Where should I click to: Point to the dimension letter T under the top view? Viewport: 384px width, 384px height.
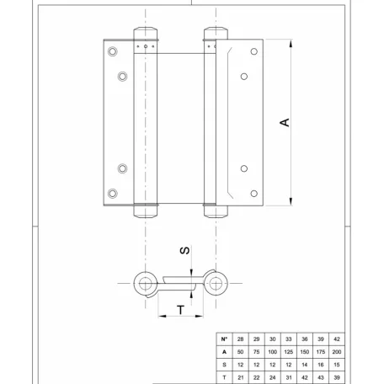[x=180, y=310]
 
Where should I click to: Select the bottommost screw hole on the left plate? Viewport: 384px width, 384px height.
[x=115, y=190]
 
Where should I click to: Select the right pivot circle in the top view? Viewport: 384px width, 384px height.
[x=221, y=281]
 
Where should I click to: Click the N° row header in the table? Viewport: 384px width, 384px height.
[x=225, y=339]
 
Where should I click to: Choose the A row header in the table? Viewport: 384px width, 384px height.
[x=225, y=351]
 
